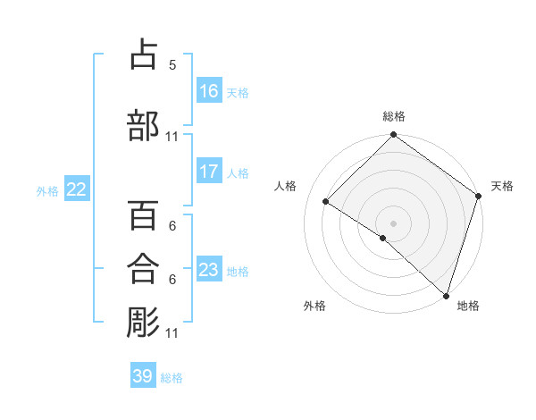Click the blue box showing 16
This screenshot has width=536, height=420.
[x=209, y=91]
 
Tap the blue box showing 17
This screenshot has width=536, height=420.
[x=209, y=172]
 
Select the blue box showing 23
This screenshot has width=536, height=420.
[x=209, y=270]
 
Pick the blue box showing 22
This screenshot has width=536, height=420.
[x=77, y=189]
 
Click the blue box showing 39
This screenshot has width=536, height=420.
[x=143, y=376]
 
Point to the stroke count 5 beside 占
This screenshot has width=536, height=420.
[x=172, y=64]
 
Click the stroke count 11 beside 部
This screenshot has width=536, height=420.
[x=172, y=136]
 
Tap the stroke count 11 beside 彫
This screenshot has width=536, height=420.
[x=172, y=333]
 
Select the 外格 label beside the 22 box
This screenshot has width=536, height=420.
[x=47, y=190]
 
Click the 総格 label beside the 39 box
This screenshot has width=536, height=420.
[x=172, y=378]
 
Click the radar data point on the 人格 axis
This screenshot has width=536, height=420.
[x=326, y=202]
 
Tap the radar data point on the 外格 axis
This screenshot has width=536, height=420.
[x=382, y=238]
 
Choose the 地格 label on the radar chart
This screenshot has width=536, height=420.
[x=468, y=306]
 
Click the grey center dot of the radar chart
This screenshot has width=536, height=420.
[x=393, y=223]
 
